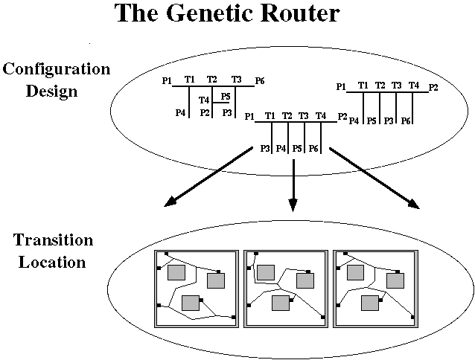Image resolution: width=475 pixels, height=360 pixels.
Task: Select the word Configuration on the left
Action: click(x=57, y=69)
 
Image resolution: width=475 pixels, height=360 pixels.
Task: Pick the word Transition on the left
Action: click(x=54, y=241)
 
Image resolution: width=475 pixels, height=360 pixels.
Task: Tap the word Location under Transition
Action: click(x=54, y=262)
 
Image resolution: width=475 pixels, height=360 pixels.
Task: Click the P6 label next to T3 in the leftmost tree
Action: click(x=259, y=80)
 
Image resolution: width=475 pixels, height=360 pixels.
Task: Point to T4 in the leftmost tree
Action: click(x=204, y=100)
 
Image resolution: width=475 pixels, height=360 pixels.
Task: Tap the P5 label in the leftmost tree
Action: click(x=226, y=96)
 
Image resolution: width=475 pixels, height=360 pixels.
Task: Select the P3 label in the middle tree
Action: click(x=266, y=149)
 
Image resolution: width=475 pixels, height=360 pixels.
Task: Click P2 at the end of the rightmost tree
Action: click(x=433, y=87)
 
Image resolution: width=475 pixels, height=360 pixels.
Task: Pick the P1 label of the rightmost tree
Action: click(x=341, y=87)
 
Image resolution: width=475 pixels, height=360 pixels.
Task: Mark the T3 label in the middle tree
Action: click(x=304, y=116)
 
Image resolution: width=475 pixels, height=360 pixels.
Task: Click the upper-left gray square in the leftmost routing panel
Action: click(x=176, y=272)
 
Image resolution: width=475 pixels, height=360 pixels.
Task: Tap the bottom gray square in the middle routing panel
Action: click(x=281, y=303)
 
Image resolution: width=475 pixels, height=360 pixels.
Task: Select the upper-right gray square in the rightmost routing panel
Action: click(x=395, y=280)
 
